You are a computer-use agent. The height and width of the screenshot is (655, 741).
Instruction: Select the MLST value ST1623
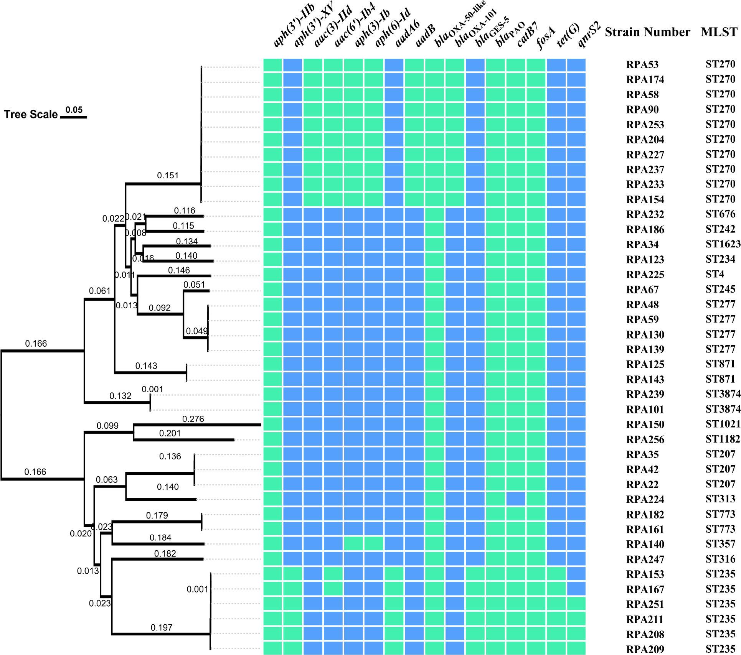(x=723, y=244)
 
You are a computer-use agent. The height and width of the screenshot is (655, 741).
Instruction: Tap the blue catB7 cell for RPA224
(x=516, y=499)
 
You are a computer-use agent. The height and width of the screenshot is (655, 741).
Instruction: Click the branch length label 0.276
(x=193, y=419)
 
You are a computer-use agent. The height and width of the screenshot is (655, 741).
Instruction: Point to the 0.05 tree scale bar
(x=74, y=116)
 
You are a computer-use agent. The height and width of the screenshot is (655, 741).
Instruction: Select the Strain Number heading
(x=647, y=32)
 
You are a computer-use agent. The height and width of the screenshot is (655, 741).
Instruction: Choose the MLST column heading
(x=719, y=32)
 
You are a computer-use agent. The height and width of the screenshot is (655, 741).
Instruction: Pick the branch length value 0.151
(x=168, y=176)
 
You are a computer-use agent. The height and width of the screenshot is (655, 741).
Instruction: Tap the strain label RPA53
(x=642, y=64)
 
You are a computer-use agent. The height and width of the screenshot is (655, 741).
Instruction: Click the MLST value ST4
(x=715, y=274)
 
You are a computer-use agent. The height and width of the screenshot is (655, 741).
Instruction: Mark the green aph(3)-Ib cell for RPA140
(x=353, y=544)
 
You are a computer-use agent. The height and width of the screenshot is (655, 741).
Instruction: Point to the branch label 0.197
(x=162, y=627)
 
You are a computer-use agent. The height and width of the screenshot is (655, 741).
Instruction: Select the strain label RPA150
(x=645, y=425)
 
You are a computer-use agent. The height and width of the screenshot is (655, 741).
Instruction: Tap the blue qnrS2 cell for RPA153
(x=576, y=574)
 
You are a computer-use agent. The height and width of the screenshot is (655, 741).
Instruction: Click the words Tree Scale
(x=31, y=115)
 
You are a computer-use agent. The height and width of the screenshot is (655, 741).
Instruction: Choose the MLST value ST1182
(x=723, y=439)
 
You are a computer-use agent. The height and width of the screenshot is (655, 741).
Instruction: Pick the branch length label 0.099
(x=107, y=426)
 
